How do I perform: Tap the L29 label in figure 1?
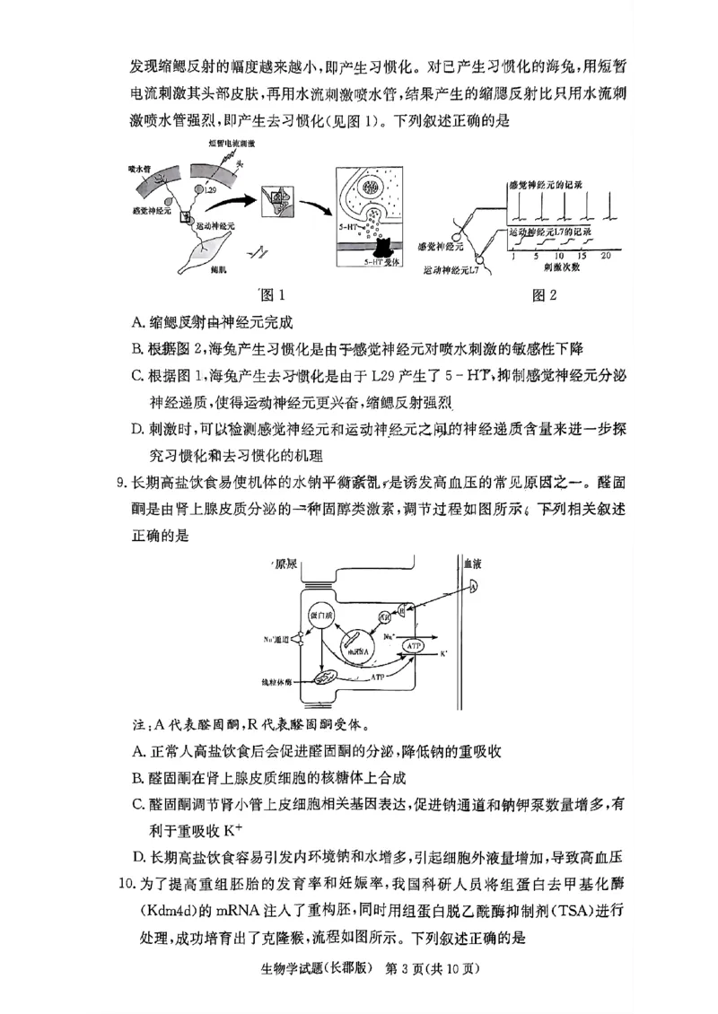tap(210, 190)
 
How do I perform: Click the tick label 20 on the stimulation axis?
tap(607, 255)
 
